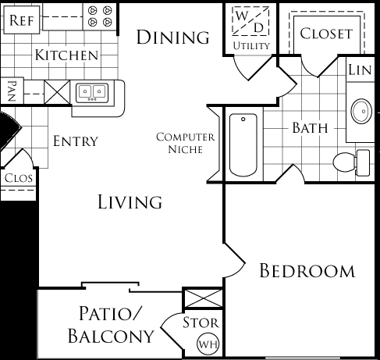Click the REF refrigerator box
click(x=22, y=20)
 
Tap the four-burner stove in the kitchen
click(x=100, y=16)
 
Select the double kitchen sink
click(x=92, y=92)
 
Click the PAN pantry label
click(x=12, y=91)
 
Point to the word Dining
click(x=172, y=37)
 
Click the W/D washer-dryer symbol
click(x=250, y=21)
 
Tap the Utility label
click(x=251, y=46)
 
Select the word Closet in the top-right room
click(x=326, y=34)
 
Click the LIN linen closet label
click(x=360, y=70)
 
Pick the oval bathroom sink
click(x=361, y=111)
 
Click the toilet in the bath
click(x=351, y=162)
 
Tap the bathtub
click(x=243, y=144)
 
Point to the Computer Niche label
click(x=186, y=143)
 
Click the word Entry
click(x=76, y=141)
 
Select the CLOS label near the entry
click(x=19, y=178)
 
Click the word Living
click(x=130, y=202)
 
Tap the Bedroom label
click(x=307, y=271)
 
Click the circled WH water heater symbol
click(x=208, y=344)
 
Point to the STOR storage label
click(x=201, y=323)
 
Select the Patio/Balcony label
click(x=111, y=325)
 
